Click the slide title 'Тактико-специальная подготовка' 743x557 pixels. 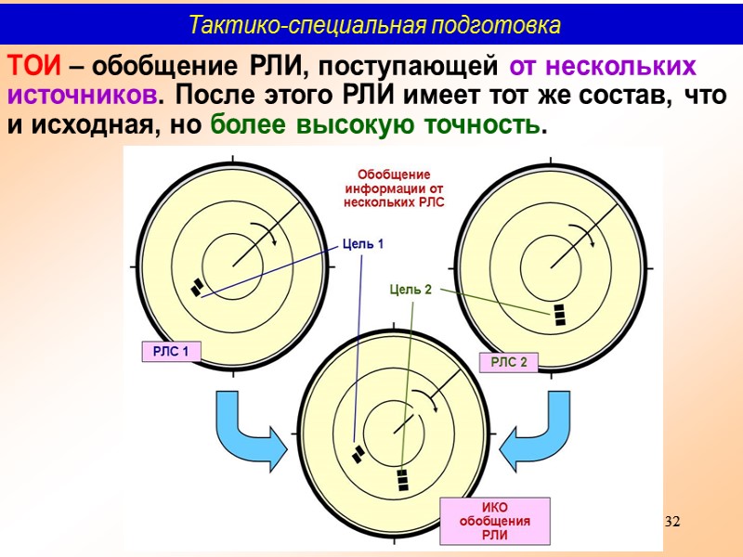(374, 25)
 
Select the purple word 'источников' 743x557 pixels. (81, 96)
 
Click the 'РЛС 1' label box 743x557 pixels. (171, 351)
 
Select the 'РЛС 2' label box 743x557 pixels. (508, 362)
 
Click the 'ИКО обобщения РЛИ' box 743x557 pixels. (494, 522)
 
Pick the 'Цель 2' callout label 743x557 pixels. (411, 290)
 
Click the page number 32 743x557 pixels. (673, 522)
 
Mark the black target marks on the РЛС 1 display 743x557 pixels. (197, 287)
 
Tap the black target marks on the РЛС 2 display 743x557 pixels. (559, 314)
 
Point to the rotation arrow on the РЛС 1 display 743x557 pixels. (269, 237)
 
